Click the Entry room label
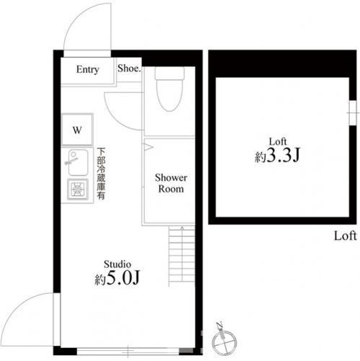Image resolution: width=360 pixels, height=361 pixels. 87,69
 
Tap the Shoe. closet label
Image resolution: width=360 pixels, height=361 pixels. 129,69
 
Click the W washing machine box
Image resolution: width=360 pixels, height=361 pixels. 77,129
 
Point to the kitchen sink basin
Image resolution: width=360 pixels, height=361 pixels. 78,162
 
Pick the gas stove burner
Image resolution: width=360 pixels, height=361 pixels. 78,189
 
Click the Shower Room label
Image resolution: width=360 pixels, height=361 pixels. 171,183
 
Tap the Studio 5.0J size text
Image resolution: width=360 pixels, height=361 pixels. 117,278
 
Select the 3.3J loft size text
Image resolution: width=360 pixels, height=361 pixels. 278,156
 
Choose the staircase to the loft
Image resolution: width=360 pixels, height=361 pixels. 182,254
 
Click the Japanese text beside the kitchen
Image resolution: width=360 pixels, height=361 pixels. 101,173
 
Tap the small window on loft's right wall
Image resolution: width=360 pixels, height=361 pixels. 353,113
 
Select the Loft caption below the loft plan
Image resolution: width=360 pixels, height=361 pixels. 345,236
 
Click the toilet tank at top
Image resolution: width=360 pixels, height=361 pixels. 170,74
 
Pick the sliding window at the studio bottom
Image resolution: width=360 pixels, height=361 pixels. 128,352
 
